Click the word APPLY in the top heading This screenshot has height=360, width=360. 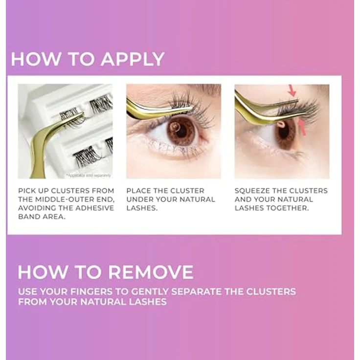[x=132, y=59]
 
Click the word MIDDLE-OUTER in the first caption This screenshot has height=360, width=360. [x=63, y=199]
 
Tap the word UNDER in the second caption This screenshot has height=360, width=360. [x=139, y=199]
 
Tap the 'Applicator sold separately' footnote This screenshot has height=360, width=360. [x=89, y=175]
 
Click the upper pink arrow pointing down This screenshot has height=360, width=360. [x=292, y=90]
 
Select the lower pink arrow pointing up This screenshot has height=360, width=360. [x=302, y=127]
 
